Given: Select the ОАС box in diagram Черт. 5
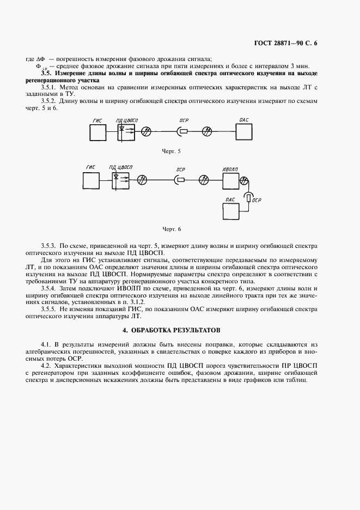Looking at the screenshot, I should click(x=245, y=131).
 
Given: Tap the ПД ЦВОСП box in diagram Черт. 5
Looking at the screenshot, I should click(x=126, y=131).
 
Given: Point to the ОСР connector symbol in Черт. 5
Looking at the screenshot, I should click(x=183, y=131).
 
